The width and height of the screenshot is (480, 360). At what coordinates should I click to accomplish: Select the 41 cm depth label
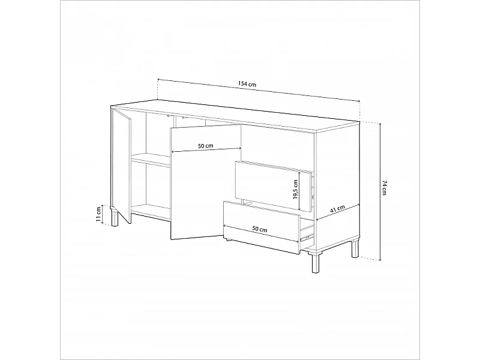pyautogui.click(x=337, y=210)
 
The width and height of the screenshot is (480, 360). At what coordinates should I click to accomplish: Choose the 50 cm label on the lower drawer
pyautogui.click(x=260, y=229)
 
